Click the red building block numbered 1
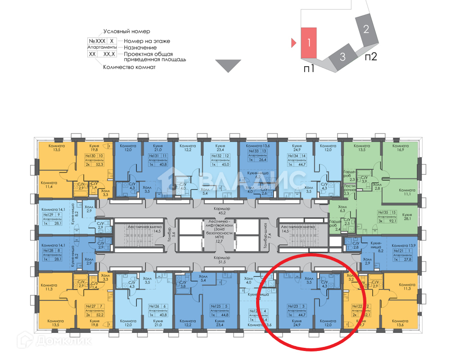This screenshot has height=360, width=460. [309, 42]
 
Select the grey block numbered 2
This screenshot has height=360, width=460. [366, 30]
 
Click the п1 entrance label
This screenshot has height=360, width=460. [308, 68]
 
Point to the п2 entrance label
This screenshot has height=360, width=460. [370, 57]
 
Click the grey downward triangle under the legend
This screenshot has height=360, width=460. [228, 65]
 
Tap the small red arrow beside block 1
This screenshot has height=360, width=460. [293, 43]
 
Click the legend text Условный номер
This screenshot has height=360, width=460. [126, 32]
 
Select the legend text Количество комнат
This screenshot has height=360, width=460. [129, 67]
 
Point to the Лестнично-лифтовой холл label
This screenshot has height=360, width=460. [219, 228]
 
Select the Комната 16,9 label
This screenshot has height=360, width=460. [401, 148]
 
